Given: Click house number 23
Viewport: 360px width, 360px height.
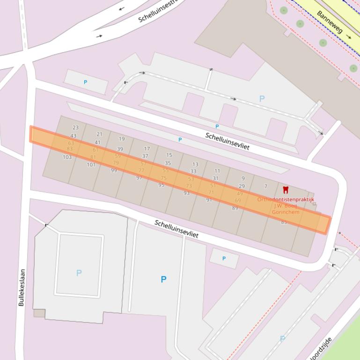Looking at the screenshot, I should [x=75, y=127].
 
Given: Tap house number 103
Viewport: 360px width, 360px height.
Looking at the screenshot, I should [x=67, y=157].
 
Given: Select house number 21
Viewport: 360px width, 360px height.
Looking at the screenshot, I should [x=99, y=134].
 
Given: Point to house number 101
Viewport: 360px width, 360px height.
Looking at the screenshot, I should [x=91, y=165].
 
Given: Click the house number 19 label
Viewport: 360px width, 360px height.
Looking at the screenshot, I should [x=122, y=139].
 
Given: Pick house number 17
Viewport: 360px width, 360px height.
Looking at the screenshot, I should [x=147, y=149].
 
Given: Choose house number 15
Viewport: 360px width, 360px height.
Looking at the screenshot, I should [x=169, y=155].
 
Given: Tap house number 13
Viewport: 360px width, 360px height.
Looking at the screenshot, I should [x=195, y=165].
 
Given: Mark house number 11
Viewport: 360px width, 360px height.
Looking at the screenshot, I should [x=217, y=171].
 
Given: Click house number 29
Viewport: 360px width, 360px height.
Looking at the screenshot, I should [x=242, y=186].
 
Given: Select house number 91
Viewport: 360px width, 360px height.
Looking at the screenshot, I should [x=209, y=200].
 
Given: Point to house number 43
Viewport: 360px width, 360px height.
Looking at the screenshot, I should [x=73, y=136].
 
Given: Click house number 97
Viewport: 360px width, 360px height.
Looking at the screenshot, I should [x=139, y=178].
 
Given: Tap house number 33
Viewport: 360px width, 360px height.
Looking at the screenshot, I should [x=193, y=172].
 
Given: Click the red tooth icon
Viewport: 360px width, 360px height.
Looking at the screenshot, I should [x=286, y=190].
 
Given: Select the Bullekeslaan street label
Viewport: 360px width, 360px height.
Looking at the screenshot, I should [x=22, y=287].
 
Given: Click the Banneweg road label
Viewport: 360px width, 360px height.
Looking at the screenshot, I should [x=330, y=22].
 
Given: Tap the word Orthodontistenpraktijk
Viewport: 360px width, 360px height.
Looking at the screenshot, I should [x=286, y=200].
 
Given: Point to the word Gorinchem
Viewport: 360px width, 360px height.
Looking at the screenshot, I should [x=286, y=212].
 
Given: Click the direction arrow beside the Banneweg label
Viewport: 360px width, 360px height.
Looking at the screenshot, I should [x=349, y=36].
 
